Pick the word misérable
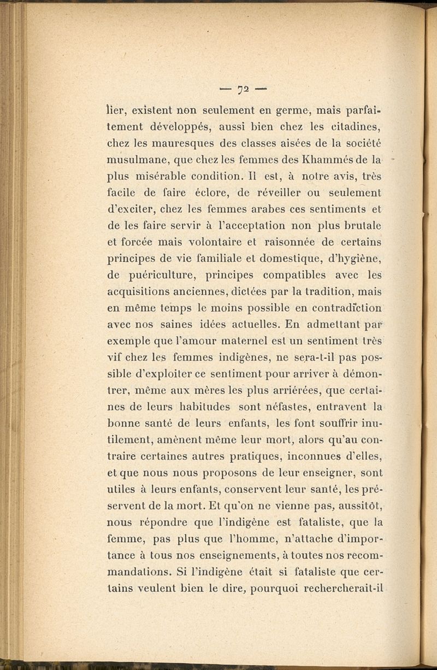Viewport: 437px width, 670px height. point(169,180)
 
